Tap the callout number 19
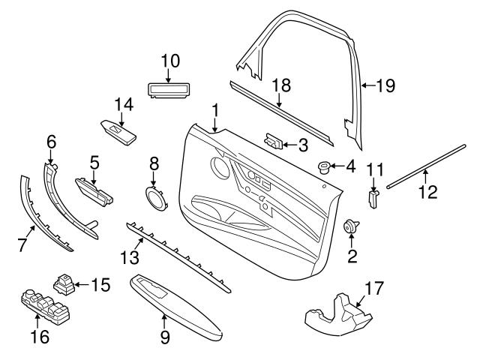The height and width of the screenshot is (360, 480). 384,85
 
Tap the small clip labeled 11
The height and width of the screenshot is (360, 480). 373,197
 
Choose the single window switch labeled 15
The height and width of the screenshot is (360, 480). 63,283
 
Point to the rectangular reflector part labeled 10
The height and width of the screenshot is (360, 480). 169,91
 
